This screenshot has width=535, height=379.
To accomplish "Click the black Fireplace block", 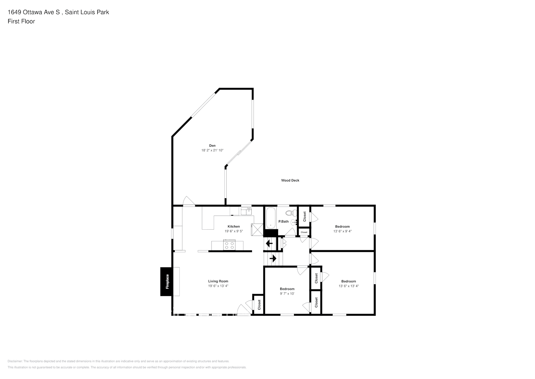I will coord(167,282).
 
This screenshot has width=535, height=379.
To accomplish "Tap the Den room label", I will coord(212,146).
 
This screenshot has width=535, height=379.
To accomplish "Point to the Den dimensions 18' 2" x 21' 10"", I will coord(212,150).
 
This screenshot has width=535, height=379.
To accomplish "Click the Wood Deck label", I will coord(290,180).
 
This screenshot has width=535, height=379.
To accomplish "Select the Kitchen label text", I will coord(233,227).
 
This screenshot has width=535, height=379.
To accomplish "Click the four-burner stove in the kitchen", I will coord(229,245).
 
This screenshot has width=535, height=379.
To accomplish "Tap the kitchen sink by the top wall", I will coord(246,211).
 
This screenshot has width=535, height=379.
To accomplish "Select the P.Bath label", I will coord(283,222).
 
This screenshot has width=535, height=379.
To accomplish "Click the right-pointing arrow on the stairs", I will coord(272,258).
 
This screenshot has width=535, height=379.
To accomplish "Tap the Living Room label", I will coord(218,281).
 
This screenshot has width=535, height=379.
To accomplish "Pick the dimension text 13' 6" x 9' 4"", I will coord(342,231).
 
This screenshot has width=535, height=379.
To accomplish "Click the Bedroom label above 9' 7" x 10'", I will coord(287,289).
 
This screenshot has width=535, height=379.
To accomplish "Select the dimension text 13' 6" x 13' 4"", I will coord(348,286).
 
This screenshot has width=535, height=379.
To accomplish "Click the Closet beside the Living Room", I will coord(259,304).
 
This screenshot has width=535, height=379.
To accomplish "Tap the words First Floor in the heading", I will coord(21,21).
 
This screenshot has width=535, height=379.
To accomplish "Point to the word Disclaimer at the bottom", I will coord(15,361).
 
